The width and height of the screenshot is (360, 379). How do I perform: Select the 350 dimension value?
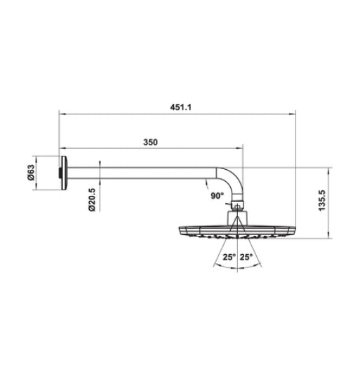[x=150, y=142]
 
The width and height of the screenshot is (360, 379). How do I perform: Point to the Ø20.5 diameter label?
[x=91, y=200]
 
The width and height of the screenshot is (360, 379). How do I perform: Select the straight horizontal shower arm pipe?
[x=140, y=171]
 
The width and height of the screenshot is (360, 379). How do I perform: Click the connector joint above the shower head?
[x=239, y=208]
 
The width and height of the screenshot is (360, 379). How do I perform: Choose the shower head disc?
[x=239, y=231]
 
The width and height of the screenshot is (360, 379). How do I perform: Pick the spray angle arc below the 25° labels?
[x=239, y=267]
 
